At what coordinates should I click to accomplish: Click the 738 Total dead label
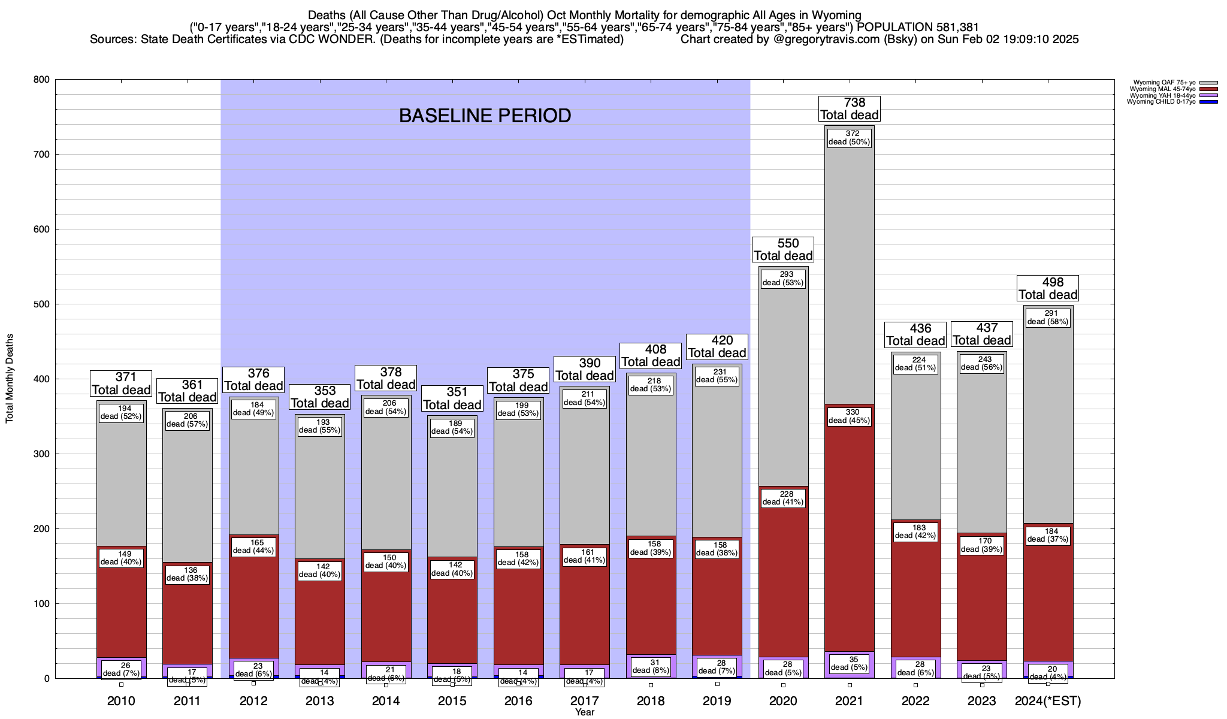[x=850, y=109]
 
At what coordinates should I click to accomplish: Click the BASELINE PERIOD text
[x=485, y=116]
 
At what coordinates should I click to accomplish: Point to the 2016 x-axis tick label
[x=518, y=701]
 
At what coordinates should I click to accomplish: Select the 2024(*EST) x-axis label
[x=1048, y=701]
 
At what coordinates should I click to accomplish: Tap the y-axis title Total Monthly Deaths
[x=10, y=379]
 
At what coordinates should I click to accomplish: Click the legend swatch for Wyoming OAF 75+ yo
[x=1209, y=83]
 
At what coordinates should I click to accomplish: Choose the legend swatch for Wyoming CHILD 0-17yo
[x=1209, y=102]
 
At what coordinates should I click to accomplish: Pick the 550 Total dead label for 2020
[x=784, y=249]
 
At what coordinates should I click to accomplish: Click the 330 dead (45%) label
[x=850, y=416]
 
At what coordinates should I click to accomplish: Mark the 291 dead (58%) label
[x=1048, y=318]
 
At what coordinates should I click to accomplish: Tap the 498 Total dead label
[x=1048, y=288]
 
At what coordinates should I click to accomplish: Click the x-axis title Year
[x=585, y=712]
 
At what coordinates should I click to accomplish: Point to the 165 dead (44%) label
[x=253, y=546]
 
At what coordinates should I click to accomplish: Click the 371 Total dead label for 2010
[x=121, y=383]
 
